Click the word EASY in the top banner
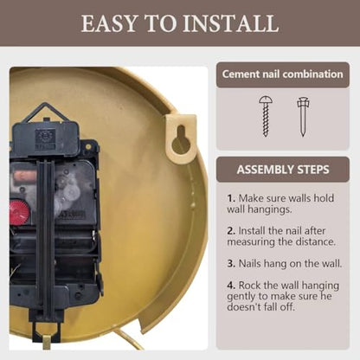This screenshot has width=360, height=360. pyautogui.click(x=109, y=23)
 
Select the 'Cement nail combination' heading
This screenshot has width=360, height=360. pyautogui.click(x=283, y=74)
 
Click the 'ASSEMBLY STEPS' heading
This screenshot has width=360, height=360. pyautogui.click(x=283, y=170)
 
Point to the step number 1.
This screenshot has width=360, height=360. pyautogui.click(x=231, y=198)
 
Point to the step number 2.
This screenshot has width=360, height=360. pyautogui.click(x=231, y=231)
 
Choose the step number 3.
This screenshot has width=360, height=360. pyautogui.click(x=231, y=264)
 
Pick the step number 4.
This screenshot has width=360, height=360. pyautogui.click(x=231, y=286)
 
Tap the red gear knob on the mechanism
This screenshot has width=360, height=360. pyautogui.click(x=19, y=212)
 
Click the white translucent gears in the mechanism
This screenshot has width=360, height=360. pyautogui.click(x=67, y=189)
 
